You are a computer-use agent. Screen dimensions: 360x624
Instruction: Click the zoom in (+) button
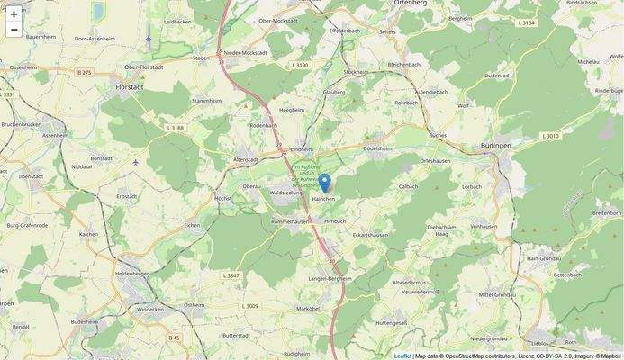click(14, 13)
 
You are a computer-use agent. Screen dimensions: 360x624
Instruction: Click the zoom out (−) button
click(14, 30)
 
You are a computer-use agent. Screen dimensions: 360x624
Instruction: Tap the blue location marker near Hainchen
click(324, 184)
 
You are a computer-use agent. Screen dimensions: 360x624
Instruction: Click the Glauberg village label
click(334, 91)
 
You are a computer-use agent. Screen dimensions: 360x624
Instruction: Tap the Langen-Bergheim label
click(330, 279)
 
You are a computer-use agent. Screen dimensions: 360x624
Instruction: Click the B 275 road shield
click(85, 72)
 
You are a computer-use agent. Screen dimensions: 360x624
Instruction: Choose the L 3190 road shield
click(300, 66)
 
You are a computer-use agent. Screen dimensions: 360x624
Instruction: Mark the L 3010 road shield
click(550, 136)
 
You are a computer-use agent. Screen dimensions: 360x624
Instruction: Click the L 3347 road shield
click(231, 274)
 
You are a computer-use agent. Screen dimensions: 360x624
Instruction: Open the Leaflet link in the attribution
click(402, 355)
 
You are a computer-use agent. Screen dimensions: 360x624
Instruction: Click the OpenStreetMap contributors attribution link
click(467, 355)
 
